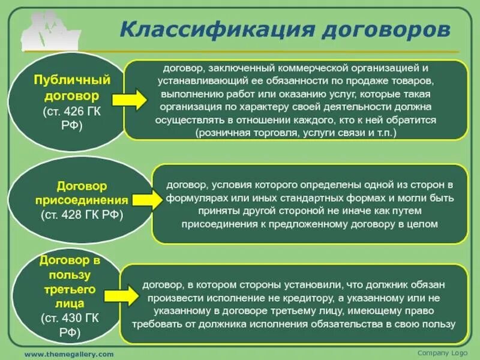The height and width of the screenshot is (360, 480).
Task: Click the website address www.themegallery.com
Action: (x=68, y=354)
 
